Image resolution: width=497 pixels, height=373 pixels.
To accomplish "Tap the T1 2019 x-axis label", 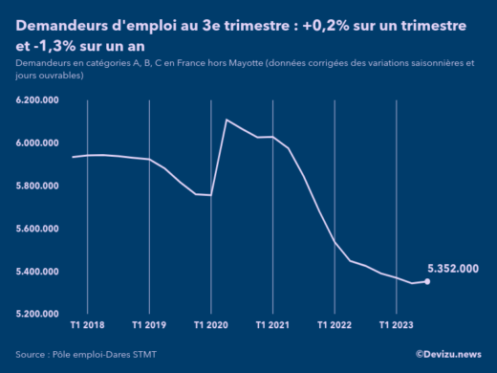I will [149, 326].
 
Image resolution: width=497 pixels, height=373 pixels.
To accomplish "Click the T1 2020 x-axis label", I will [211, 326].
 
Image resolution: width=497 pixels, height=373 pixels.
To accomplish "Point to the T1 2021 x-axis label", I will [272, 326].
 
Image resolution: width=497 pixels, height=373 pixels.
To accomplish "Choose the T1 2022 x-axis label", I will [335, 326].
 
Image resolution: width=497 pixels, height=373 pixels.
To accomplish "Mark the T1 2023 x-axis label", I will [397, 326].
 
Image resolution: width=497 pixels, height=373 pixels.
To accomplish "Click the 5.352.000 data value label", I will [452, 270].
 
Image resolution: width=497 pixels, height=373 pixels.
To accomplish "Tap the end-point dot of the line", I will [427, 281].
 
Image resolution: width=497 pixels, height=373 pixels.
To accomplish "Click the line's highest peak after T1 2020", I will [227, 120].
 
